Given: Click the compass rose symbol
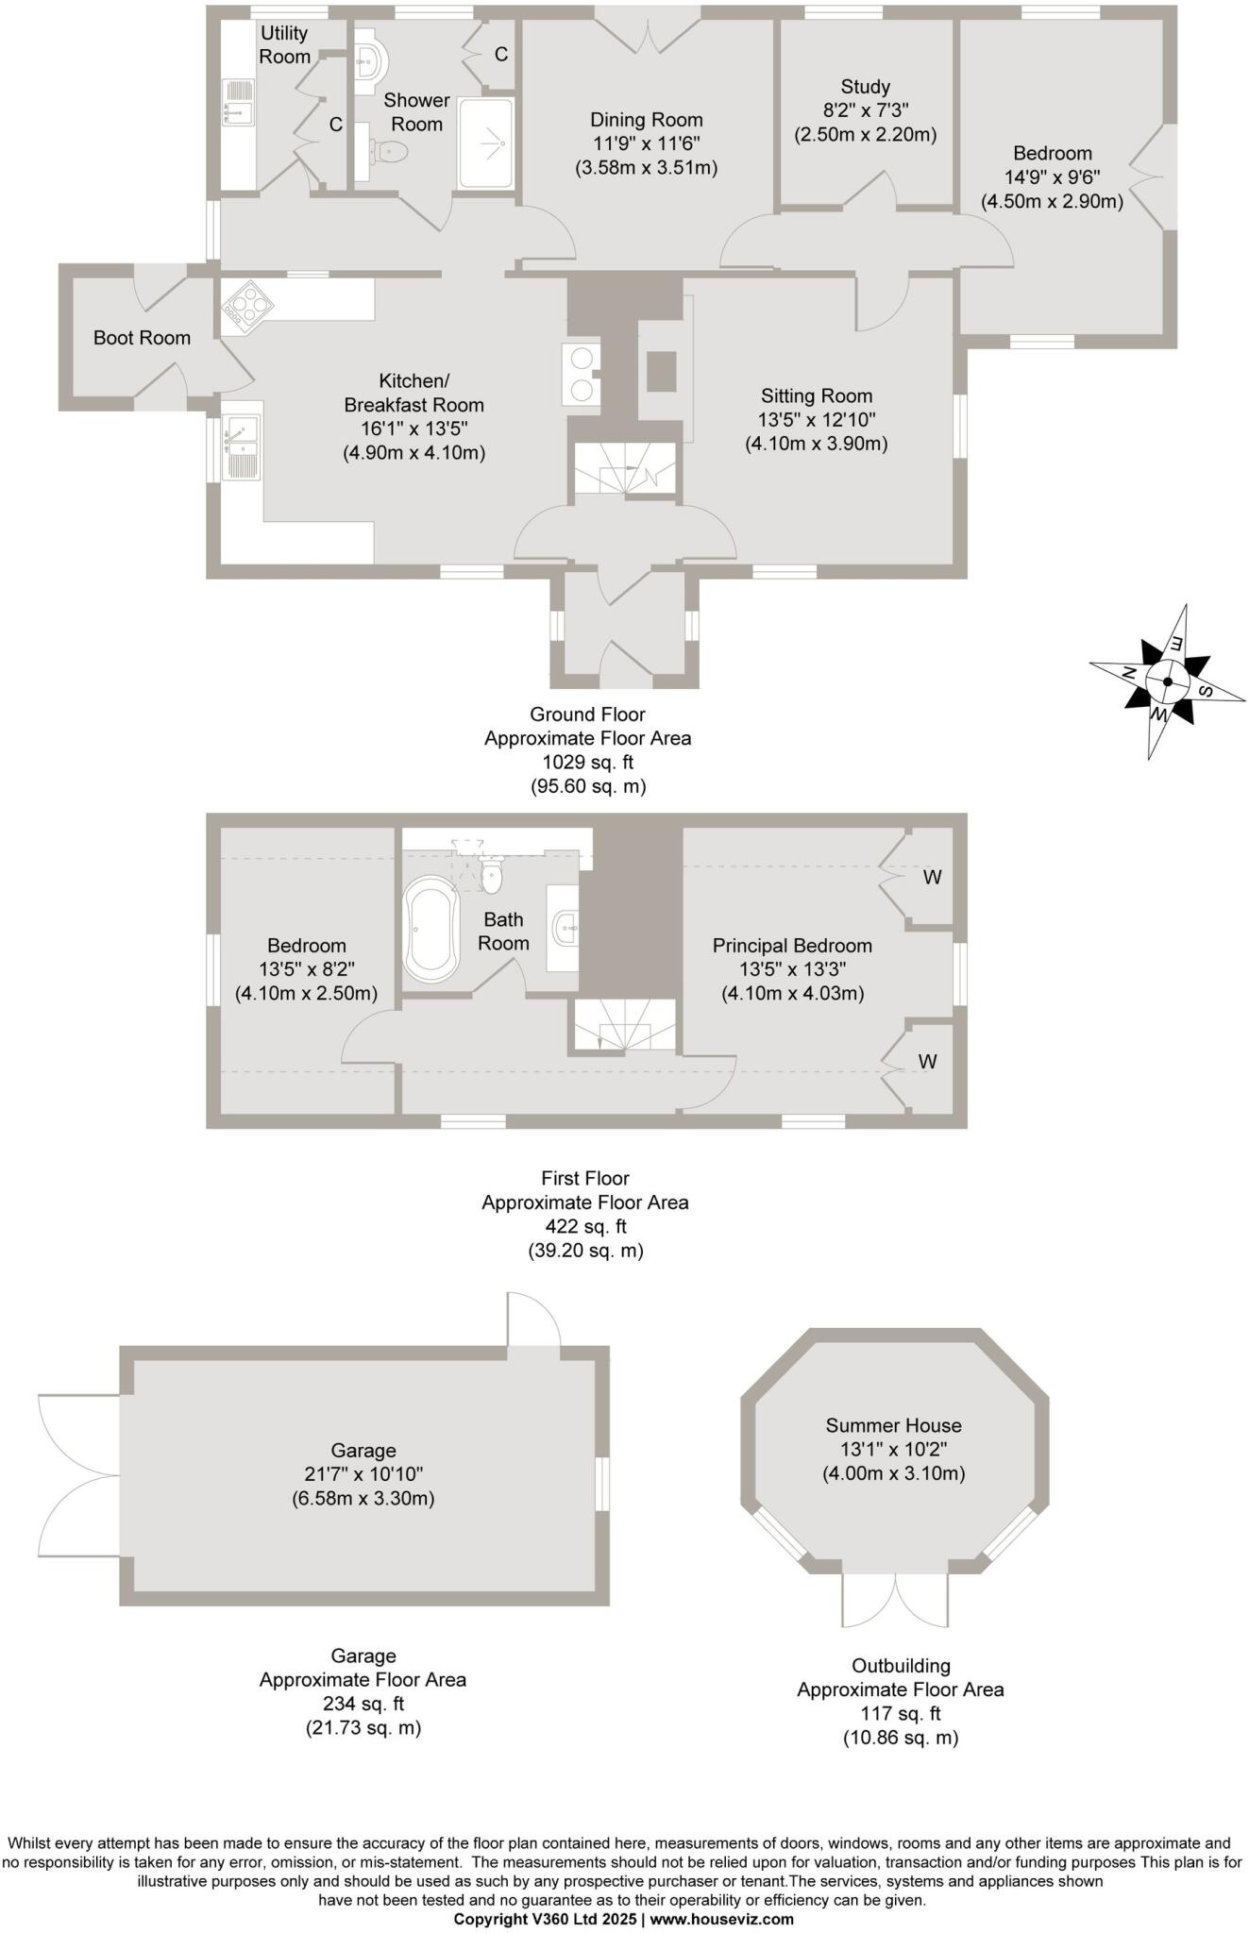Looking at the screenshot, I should coord(1168,681).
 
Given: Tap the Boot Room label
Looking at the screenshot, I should coord(142,338).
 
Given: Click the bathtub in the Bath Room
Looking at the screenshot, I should coord(431,929).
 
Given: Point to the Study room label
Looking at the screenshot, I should coord(865,87).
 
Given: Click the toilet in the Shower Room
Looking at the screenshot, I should coord(389,150).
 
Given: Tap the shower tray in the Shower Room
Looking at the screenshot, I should coord(487,142).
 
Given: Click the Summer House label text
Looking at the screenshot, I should coord(893,1425).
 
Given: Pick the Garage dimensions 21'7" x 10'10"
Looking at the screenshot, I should coord(363,1474).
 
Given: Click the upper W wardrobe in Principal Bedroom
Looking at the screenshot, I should coord(931,877).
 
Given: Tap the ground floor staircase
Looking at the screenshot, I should coord(626,469).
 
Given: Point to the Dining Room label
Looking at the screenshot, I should coord(646,120).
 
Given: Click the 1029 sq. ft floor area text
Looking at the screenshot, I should coord(587,763).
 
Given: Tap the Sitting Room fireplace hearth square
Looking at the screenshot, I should coord(662,371).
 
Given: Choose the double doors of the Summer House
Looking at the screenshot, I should coord(894,1599).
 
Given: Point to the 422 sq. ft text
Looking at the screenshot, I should coord(585,1227).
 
